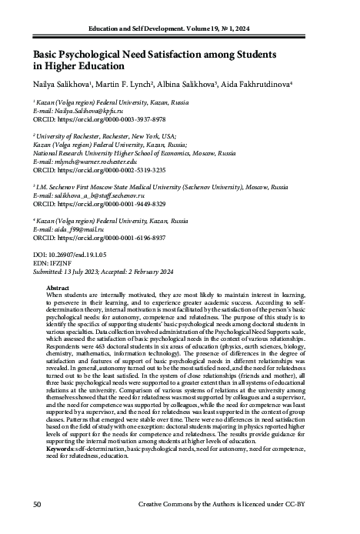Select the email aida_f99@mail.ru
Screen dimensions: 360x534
72,230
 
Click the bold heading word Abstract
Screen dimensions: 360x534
59,286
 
